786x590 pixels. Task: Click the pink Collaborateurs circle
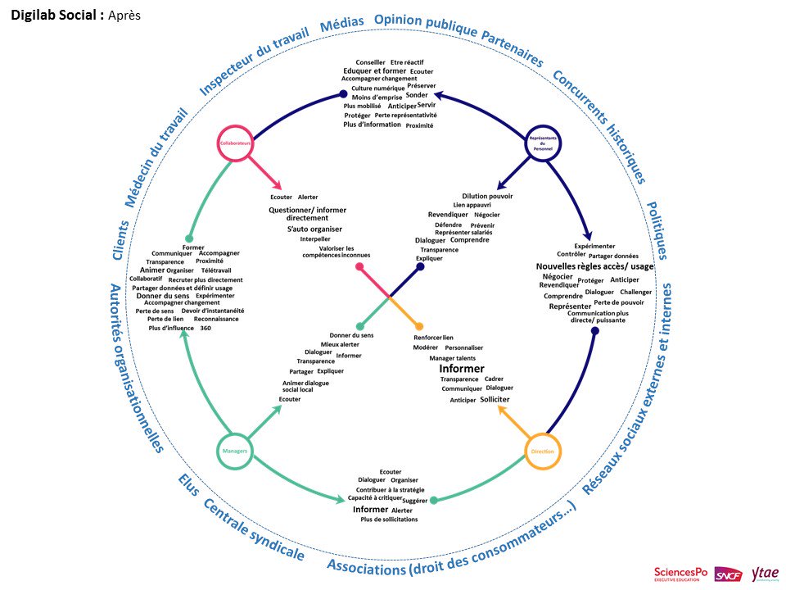235,143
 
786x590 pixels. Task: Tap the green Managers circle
235,451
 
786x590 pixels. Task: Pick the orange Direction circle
542,451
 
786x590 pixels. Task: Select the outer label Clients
120,241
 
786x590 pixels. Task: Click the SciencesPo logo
680,574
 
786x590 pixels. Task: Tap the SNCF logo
728,574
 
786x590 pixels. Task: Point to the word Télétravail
216,270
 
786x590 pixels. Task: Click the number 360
206,328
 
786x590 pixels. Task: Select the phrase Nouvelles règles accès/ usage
595,266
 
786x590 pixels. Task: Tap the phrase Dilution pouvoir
487,196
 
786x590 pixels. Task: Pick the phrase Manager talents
452,358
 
